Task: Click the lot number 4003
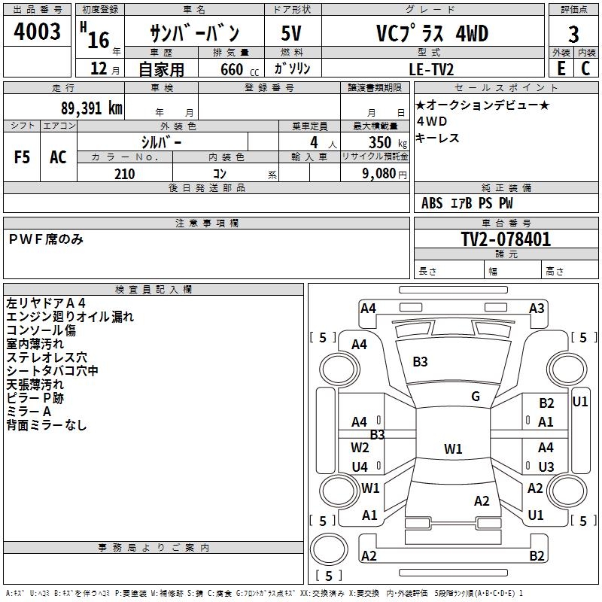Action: click(38, 32)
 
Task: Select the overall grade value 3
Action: click(574, 35)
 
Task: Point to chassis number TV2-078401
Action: click(506, 239)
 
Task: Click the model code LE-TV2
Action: click(431, 68)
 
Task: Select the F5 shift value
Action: click(23, 157)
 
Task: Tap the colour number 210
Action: click(125, 174)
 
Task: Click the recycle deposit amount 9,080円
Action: click(384, 174)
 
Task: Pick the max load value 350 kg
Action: click(384, 142)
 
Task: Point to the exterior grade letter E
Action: click(561, 68)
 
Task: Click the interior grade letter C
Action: click(585, 68)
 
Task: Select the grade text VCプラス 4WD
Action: click(431, 34)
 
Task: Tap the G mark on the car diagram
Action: click(476, 397)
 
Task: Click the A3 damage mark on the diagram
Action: click(537, 308)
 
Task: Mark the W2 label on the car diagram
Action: click(360, 447)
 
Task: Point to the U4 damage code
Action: click(360, 467)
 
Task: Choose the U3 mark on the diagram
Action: click(546, 467)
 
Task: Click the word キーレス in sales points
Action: click(437, 138)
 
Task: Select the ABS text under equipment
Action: click(432, 202)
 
